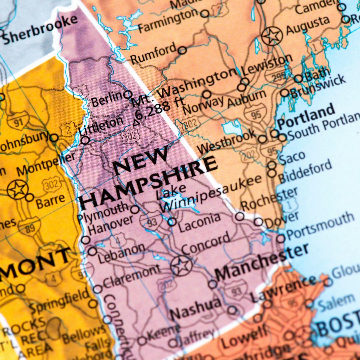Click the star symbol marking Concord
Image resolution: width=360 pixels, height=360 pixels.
click(x=181, y=266)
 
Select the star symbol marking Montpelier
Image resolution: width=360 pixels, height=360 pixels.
click(x=17, y=189)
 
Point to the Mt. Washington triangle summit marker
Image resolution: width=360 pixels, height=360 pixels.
click(x=136, y=123)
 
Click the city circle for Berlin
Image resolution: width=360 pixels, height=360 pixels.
click(x=128, y=94)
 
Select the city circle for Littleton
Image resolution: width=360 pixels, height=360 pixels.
click(x=85, y=140)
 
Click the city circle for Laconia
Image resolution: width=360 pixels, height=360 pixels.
click(x=172, y=222)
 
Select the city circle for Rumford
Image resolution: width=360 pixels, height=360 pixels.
click(x=182, y=50)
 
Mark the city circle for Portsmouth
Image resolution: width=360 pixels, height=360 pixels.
click(x=281, y=238)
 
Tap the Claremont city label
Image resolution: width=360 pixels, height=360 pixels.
click(x=131, y=276)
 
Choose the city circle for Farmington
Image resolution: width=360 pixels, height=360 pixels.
click(x=205, y=14)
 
